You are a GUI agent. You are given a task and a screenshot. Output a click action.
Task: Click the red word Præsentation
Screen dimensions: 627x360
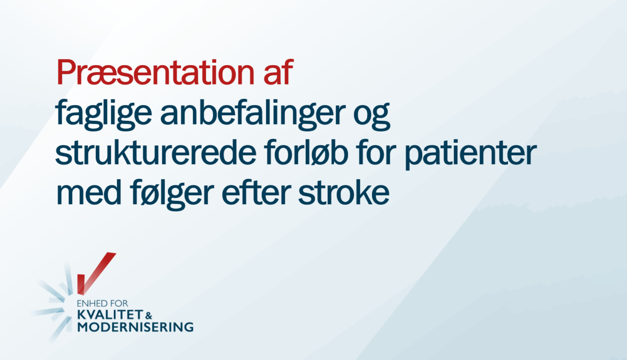(155, 72)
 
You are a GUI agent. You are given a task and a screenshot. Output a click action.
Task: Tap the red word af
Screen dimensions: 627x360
(278, 72)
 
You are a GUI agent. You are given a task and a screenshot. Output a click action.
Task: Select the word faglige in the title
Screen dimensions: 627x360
(103, 114)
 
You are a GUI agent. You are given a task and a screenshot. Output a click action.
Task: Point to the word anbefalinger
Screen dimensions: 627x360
(251, 114)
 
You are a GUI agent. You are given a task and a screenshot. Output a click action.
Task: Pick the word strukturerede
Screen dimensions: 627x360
(156, 152)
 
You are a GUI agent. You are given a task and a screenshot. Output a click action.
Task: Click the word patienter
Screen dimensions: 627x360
(471, 155)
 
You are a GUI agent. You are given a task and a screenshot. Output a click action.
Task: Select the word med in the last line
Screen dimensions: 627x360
(89, 192)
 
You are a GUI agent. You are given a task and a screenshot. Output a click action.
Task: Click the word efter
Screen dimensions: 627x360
(255, 192)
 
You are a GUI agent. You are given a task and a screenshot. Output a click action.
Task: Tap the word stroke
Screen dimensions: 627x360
(343, 192)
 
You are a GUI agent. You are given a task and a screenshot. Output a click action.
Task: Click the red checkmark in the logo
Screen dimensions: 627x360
(94, 273)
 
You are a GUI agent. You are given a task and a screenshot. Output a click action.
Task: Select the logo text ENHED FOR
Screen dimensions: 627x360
(102, 304)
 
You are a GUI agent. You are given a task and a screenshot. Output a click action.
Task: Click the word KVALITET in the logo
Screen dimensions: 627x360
(110, 315)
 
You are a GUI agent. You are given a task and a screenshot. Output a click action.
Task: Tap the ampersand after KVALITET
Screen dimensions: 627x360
(149, 316)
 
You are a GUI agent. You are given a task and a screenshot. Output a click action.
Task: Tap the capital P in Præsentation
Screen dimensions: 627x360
(67, 72)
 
